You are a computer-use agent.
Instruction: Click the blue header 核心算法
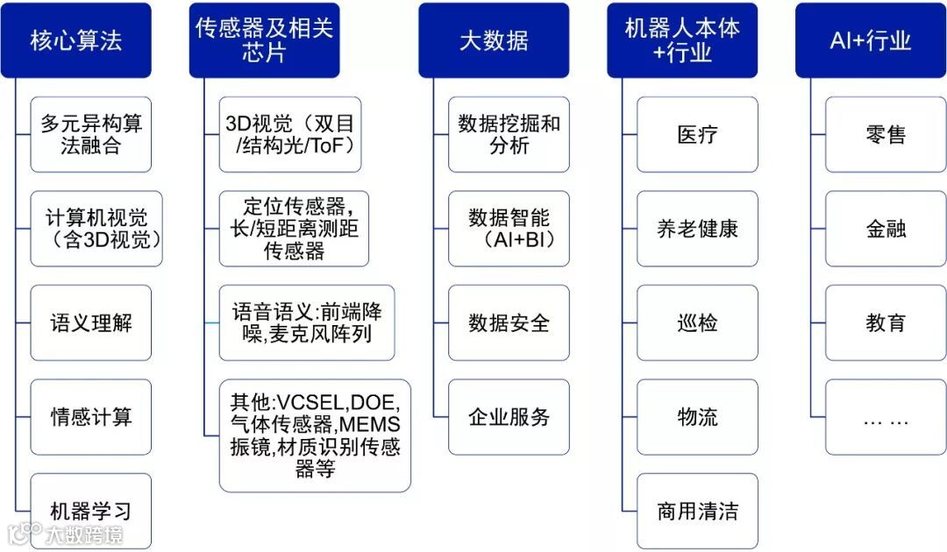75,40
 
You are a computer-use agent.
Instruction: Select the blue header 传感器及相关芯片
264,40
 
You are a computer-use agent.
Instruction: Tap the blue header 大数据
494,40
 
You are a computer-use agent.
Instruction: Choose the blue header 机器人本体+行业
682,40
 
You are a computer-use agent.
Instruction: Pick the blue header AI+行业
871,40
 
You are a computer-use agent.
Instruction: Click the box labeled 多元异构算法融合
91,134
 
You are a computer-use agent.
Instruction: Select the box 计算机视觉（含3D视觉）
96,229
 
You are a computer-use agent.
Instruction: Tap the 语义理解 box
91,322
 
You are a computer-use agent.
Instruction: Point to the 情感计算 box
91,417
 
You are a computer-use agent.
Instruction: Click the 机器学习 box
91,511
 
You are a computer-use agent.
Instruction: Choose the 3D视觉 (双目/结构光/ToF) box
289,134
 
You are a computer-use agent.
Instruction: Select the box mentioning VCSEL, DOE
315,435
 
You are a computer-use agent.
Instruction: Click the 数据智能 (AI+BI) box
509,229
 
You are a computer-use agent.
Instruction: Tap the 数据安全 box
509,322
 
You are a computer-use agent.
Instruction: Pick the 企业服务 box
509,417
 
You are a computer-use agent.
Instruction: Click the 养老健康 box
697,229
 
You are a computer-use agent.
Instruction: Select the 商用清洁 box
697,511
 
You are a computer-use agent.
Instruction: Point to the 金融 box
886,229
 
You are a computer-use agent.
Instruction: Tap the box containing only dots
886,417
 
